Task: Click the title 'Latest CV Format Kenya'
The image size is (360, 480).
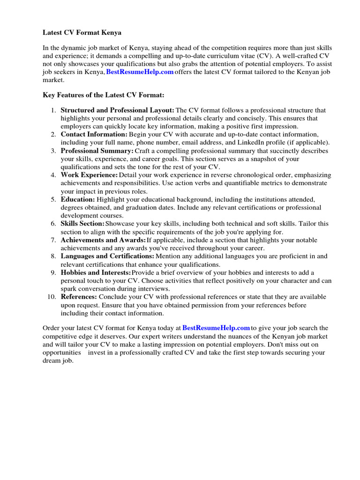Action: [82, 33]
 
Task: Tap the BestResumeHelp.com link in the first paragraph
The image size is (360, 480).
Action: [140, 72]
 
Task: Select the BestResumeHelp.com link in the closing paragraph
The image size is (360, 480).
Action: [216, 328]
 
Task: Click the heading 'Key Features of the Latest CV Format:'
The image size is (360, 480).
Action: [104, 95]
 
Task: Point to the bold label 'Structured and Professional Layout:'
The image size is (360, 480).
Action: [117, 110]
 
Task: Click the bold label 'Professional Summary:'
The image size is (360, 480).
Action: [97, 151]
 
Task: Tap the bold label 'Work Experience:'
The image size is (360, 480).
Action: [89, 175]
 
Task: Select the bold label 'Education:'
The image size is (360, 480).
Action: [78, 199]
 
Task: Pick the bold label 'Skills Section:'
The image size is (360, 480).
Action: [82, 224]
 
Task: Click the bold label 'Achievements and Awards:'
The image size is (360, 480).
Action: [103, 240]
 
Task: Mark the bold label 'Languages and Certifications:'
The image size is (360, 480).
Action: [107, 256]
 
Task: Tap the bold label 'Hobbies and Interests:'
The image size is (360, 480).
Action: [96, 272]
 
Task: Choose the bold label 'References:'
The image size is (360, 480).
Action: [79, 297]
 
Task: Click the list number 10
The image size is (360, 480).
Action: [51, 297]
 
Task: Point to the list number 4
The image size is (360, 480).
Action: [53, 175]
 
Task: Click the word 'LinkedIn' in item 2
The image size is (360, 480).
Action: [266, 142]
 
